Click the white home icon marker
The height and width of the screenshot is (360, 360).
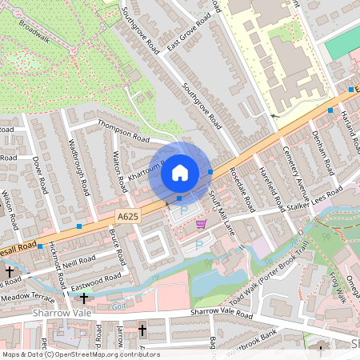[x=180, y=172]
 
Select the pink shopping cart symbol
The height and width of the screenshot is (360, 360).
[x=201, y=224]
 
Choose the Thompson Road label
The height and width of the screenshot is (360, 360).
[x=123, y=130]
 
